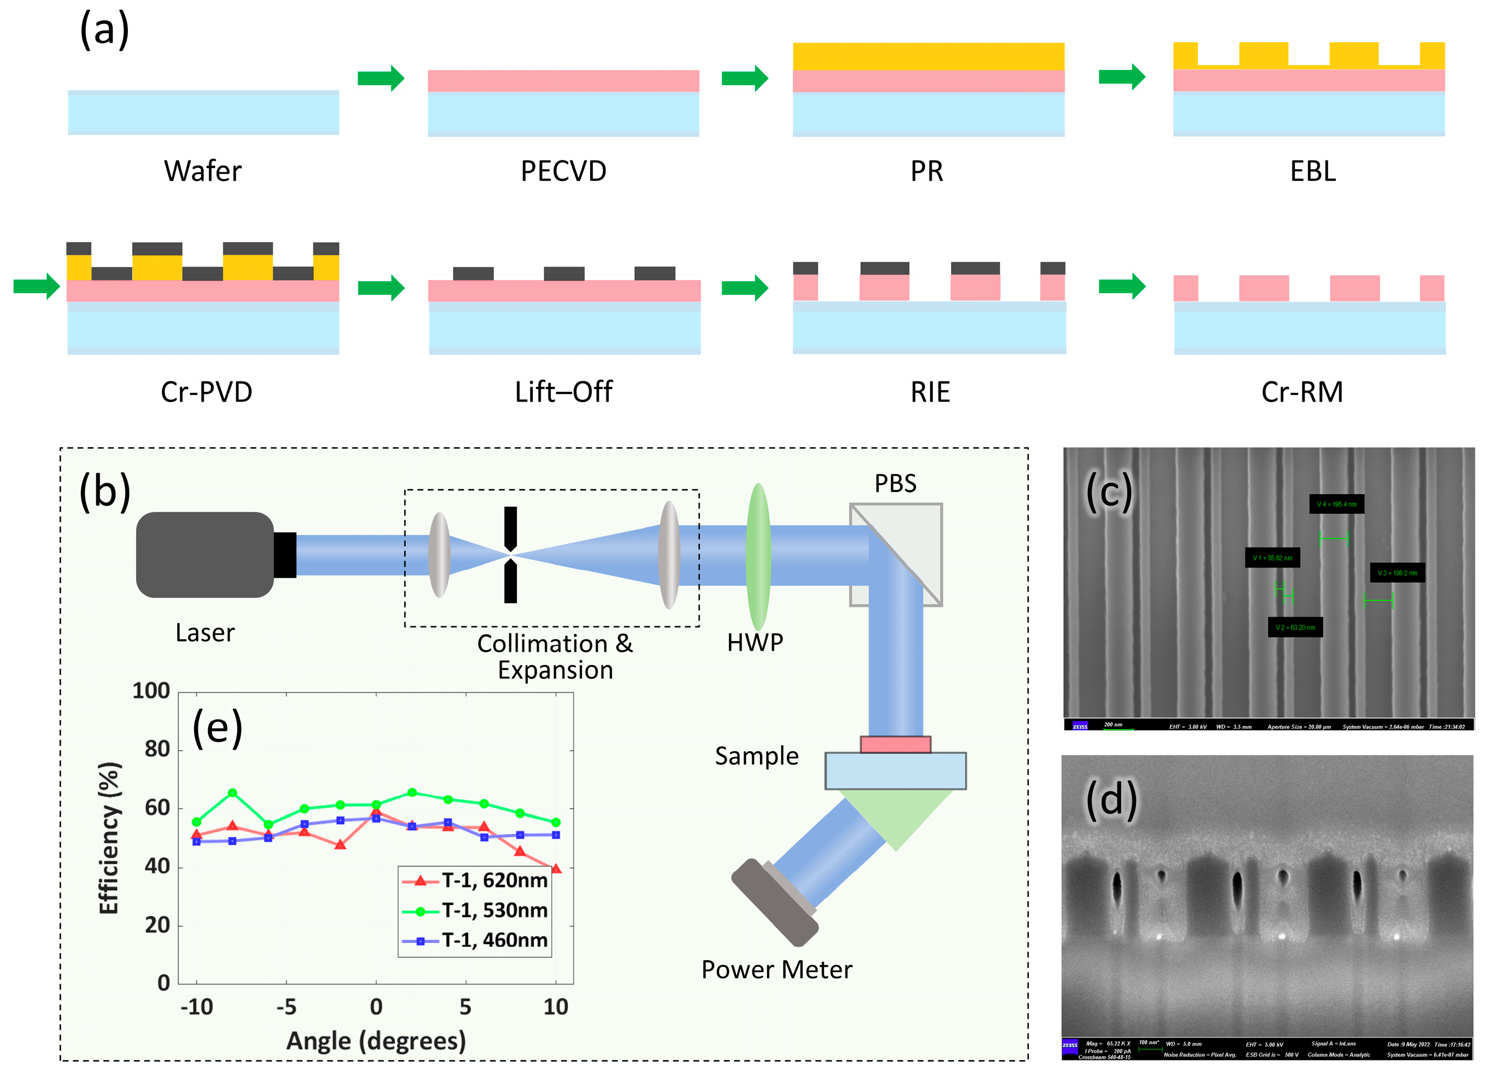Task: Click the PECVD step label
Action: tap(563, 171)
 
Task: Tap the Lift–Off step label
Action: tap(563, 392)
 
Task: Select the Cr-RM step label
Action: tap(1302, 392)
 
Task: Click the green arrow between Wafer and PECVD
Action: tap(380, 79)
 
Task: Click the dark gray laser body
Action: tap(204, 554)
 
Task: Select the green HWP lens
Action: tap(758, 557)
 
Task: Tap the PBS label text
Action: tap(895, 484)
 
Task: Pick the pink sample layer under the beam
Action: tap(895, 744)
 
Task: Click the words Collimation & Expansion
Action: tap(554, 656)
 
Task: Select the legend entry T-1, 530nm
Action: tap(494, 910)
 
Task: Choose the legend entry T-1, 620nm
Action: tap(494, 880)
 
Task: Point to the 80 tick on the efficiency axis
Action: tap(157, 749)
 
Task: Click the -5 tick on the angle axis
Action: tap(286, 1007)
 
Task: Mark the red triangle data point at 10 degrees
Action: tap(556, 869)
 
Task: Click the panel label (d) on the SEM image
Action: tap(1111, 800)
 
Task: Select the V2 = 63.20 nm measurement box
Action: tap(1294, 627)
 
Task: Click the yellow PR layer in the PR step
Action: tap(928, 56)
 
